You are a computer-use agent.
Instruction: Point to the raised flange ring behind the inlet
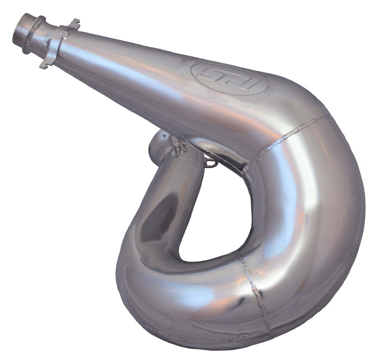34,34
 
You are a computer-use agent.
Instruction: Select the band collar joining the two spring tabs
58,44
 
